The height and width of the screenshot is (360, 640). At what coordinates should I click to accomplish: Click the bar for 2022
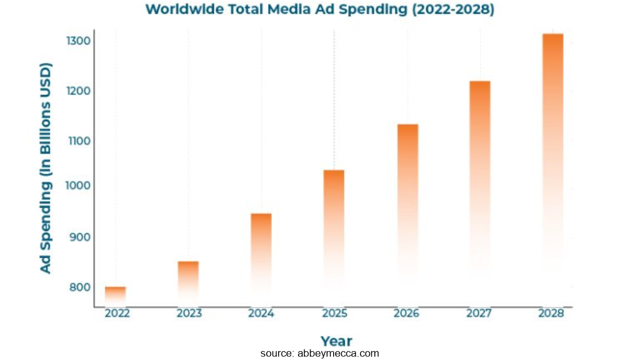(x=115, y=295)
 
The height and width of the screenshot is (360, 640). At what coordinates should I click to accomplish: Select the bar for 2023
(x=188, y=281)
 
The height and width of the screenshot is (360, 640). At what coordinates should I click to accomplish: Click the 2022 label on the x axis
(x=117, y=314)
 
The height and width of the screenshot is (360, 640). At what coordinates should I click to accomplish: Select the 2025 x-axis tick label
(x=334, y=314)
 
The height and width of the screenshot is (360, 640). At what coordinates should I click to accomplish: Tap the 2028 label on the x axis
(x=551, y=314)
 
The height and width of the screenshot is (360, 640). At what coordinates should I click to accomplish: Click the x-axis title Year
(x=336, y=341)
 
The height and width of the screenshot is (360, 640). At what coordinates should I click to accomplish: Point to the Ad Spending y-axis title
(x=46, y=167)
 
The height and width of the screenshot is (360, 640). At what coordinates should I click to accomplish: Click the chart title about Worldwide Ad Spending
(x=319, y=10)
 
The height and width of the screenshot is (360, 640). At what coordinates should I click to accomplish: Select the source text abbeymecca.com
(x=319, y=354)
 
